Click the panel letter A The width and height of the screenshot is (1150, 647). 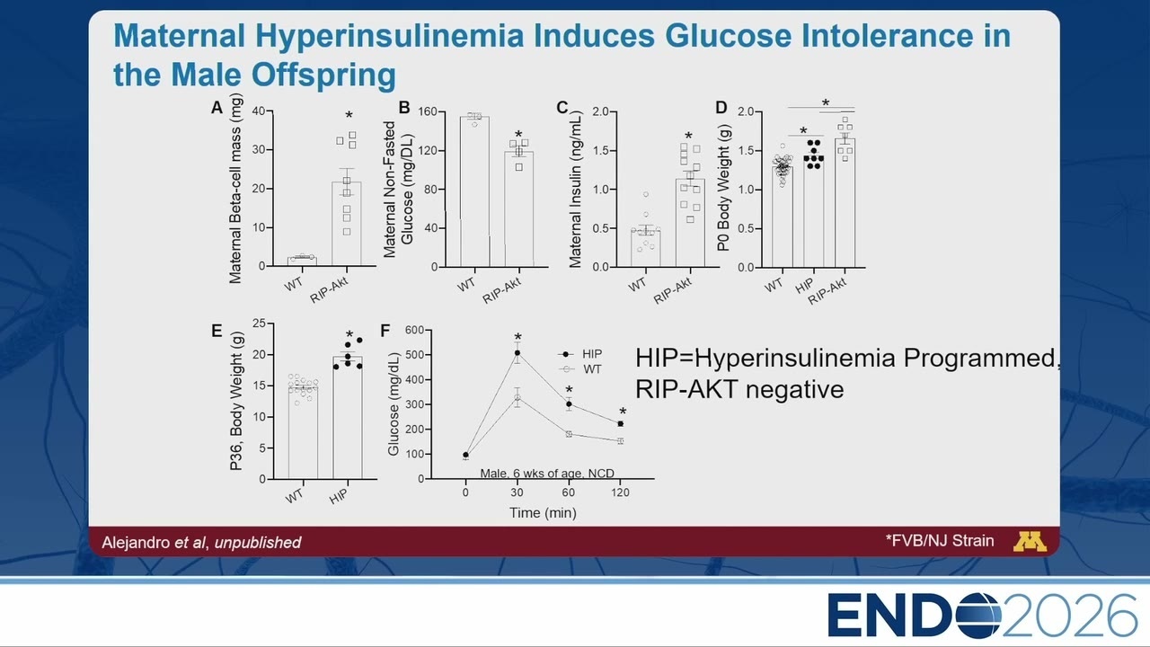(217, 108)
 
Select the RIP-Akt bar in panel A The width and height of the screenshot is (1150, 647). (347, 224)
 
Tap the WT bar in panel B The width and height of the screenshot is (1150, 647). (474, 191)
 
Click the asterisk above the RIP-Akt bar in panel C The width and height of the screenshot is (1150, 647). (688, 136)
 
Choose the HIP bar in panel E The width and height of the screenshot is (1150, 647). (348, 418)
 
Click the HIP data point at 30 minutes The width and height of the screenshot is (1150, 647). (517, 353)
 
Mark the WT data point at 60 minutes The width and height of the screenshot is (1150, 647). (569, 434)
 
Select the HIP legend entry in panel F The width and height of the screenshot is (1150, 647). (580, 354)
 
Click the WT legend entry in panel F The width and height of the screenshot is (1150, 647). (580, 369)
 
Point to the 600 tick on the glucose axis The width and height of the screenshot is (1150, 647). (414, 330)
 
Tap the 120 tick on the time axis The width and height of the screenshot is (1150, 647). (620, 492)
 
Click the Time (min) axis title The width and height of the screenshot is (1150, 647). (543, 513)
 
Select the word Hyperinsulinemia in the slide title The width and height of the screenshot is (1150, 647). (390, 36)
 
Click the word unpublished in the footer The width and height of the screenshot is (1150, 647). (258, 543)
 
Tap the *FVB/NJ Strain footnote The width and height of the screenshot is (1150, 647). (940, 541)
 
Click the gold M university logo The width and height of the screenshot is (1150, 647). (1030, 542)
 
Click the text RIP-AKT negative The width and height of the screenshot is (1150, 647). (739, 389)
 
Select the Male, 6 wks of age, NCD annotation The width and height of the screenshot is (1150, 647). (547, 473)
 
